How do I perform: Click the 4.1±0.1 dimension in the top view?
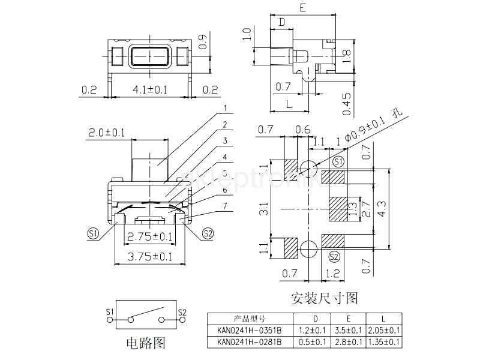coord(150,90)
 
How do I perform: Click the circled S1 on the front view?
coord(93,233)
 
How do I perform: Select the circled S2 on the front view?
coord(208,233)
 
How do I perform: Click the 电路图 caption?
coord(145,343)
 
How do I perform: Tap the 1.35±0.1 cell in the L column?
coord(385,342)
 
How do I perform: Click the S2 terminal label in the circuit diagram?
coord(182,313)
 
